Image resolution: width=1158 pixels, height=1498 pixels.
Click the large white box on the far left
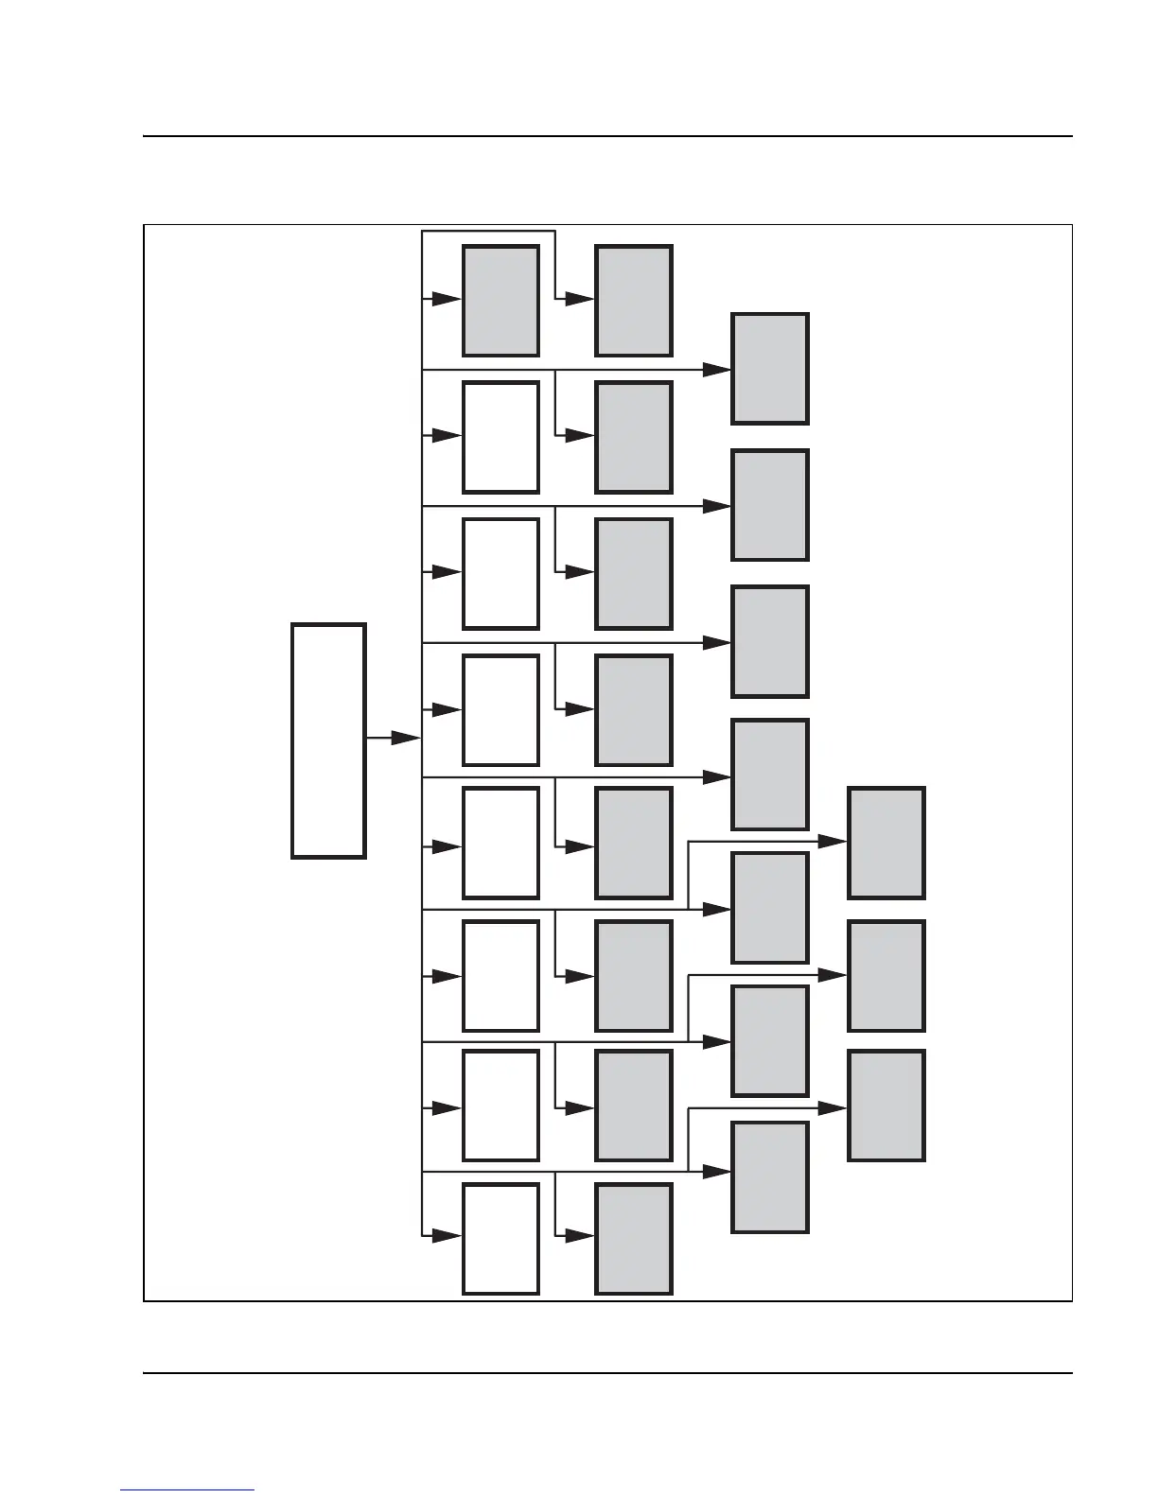click(x=328, y=740)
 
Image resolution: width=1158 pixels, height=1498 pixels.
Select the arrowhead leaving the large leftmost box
click(x=405, y=738)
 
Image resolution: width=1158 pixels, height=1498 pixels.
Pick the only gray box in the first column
click(x=500, y=301)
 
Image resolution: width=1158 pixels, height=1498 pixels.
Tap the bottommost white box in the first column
click(x=500, y=1239)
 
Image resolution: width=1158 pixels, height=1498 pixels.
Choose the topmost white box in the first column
click(x=500, y=437)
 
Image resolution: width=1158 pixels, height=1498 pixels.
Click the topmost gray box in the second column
click(x=634, y=301)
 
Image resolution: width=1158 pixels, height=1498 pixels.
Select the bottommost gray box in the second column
click(x=634, y=1239)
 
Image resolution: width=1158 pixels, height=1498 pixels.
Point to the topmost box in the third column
click(x=770, y=369)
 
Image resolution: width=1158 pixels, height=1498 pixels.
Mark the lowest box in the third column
click(x=770, y=1177)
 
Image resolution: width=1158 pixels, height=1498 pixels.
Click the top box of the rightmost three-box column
click(x=886, y=843)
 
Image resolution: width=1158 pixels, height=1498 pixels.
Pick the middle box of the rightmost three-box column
click(x=886, y=976)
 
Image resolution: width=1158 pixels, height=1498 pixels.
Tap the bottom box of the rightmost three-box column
click(x=886, y=1106)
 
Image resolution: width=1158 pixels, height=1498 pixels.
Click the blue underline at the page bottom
click(x=187, y=1489)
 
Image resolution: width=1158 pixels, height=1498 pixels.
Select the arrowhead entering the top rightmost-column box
click(x=832, y=841)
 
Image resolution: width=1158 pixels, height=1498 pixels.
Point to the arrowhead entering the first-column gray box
click(x=446, y=299)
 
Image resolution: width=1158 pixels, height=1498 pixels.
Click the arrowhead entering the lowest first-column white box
click(x=446, y=1236)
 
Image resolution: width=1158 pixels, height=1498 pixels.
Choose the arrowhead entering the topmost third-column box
click(x=716, y=370)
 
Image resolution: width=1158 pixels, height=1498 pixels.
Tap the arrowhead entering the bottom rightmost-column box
click(x=832, y=1107)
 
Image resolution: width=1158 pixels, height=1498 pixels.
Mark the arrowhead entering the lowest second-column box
click(x=579, y=1236)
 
